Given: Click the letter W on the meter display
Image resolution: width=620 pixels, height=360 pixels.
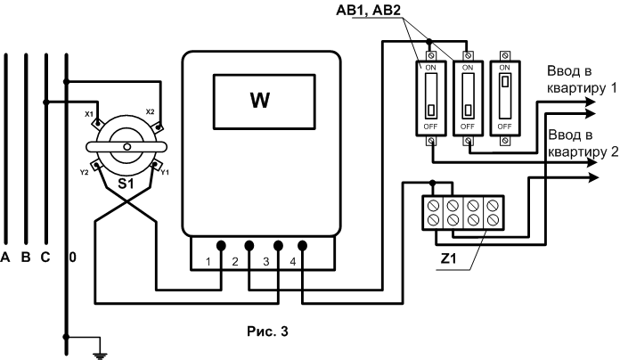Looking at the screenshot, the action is pos(260,100).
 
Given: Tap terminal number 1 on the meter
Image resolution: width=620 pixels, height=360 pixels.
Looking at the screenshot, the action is pos(208,261).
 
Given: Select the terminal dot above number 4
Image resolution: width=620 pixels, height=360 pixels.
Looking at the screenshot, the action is pos(303,246).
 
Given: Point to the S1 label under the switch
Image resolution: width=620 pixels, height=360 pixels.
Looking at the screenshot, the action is pos(126,184).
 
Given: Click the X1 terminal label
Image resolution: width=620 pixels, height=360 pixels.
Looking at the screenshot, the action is pos(89,114).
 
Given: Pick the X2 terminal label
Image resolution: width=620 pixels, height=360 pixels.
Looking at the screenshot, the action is pos(151,111).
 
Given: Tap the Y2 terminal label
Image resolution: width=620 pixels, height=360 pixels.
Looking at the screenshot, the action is pos(84,173).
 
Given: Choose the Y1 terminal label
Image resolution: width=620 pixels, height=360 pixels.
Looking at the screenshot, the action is pos(165,173).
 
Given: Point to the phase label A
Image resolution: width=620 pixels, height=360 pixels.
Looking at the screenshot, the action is pos(4,258).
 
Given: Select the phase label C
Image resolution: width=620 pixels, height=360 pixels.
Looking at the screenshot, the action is pos(45,258).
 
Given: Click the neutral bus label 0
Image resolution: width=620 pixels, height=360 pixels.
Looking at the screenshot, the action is pos(73,258).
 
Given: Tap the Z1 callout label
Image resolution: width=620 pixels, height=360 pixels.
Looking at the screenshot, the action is pos(448,258).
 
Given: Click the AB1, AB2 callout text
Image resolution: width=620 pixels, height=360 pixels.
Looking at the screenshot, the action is pos(368,11).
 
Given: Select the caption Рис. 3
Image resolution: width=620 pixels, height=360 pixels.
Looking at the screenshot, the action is pos(268,331).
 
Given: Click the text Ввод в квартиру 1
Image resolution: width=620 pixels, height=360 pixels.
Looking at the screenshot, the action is pos(582,79).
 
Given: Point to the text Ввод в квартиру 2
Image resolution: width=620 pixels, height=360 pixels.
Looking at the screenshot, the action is pos(583,143).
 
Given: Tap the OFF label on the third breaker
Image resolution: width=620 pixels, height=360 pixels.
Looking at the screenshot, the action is pos(504,127).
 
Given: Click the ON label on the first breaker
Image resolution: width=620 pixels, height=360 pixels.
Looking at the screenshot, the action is pos(430,68).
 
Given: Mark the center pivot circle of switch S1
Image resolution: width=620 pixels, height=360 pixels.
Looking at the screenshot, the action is pos(126,147).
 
